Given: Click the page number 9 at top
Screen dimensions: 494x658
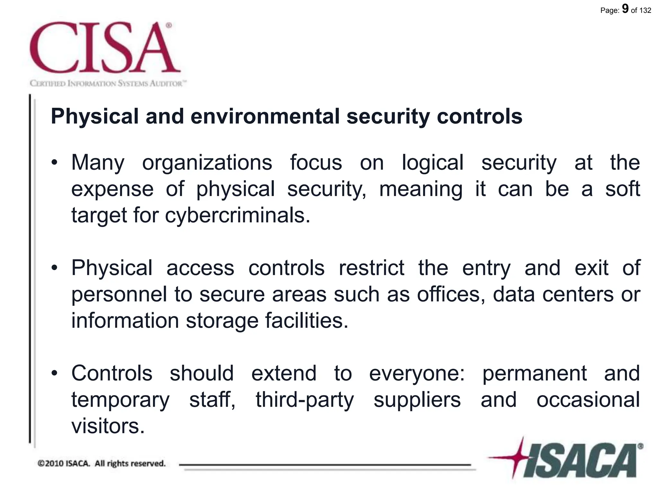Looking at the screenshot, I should click(x=625, y=9).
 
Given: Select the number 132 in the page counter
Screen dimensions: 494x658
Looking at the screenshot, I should click(x=645, y=10).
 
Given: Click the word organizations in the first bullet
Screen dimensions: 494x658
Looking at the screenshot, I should click(x=207, y=163).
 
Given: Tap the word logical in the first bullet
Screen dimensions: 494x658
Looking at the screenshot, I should click(x=432, y=163).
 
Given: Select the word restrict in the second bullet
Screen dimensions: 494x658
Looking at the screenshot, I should click(x=371, y=268).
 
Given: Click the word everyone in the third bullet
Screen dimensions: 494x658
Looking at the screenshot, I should click(x=416, y=374).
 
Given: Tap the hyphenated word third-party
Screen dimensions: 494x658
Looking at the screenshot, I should click(x=305, y=400).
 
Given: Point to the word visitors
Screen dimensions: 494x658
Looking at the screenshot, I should click(x=108, y=426).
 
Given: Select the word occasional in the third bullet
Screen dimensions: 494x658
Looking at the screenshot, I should click(x=588, y=400).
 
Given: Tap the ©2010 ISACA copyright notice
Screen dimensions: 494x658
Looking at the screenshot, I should click(x=102, y=463).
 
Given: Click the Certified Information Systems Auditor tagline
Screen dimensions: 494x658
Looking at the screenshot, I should click(x=108, y=84).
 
